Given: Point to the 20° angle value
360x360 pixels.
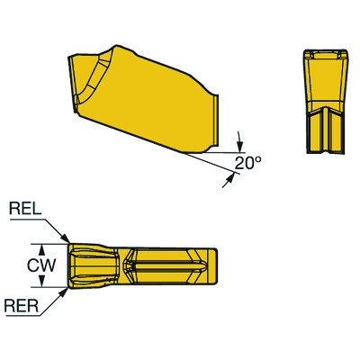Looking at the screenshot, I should click(x=247, y=164).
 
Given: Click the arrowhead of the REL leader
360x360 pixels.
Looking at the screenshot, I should click(x=66, y=240).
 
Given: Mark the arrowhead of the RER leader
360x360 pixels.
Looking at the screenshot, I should click(x=66, y=289).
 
